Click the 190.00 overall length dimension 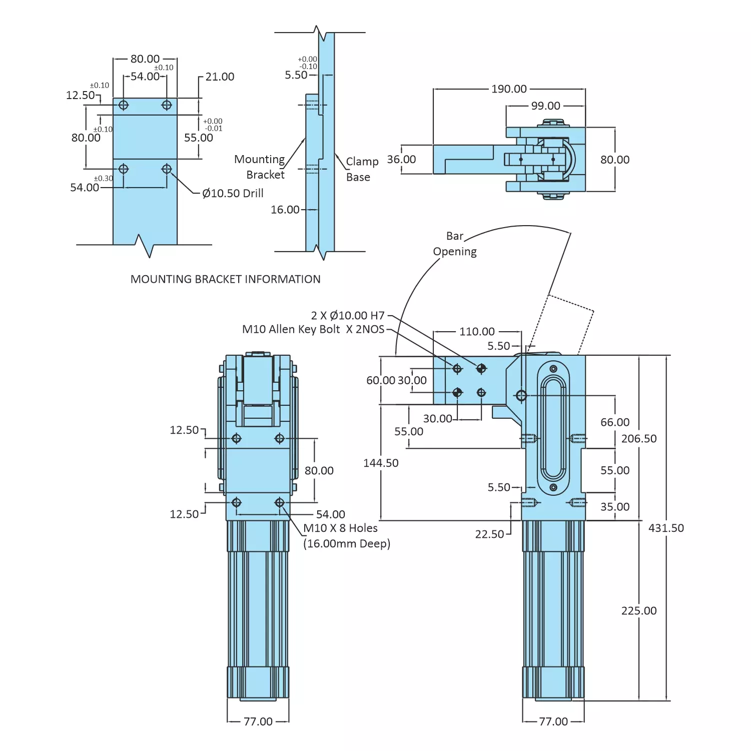coord(509,89)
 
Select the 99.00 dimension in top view coord(545,106)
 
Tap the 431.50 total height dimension coord(666,528)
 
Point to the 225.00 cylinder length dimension coord(639,611)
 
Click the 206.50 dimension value coord(639,439)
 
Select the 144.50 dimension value coord(381,463)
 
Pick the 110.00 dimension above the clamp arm coord(477,332)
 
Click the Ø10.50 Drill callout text coord(233,194)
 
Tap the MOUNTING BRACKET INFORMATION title coord(225,279)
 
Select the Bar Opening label coord(455,244)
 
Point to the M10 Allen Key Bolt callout coord(313,330)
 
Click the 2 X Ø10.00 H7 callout coord(348,316)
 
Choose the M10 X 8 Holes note coord(341,528)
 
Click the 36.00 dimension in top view coord(401,160)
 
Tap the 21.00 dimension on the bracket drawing coord(220,77)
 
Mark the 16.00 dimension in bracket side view coord(285,210)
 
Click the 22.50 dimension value coord(489,534)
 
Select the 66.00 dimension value coord(615,423)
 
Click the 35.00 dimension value coord(615,507)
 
